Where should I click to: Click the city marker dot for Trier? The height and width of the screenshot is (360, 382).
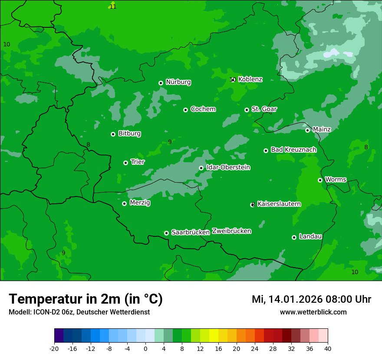click(x=125, y=163)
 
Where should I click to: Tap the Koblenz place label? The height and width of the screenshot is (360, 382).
click(x=250, y=79)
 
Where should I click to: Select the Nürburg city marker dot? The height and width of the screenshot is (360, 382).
click(x=161, y=83)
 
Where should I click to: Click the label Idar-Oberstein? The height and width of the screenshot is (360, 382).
click(x=228, y=167)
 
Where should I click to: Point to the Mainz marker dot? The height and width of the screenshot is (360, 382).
click(x=307, y=130)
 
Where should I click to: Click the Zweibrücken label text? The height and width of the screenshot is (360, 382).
click(x=231, y=231)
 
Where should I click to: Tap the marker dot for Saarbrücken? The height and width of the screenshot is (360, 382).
click(x=166, y=233)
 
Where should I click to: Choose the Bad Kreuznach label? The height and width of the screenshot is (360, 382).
click(x=293, y=150)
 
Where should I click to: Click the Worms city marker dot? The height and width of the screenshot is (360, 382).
click(x=320, y=180)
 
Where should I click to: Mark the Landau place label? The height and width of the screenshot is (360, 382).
click(x=310, y=236)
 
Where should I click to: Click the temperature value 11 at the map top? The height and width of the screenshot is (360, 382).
click(x=113, y=7)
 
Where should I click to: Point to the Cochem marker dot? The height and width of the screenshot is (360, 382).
click(x=185, y=110)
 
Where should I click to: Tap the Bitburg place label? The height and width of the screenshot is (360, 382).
click(x=129, y=134)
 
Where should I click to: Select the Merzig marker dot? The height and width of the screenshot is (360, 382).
click(x=124, y=203)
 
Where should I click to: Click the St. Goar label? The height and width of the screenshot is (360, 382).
click(x=264, y=109)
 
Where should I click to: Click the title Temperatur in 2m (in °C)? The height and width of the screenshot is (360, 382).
click(x=86, y=299)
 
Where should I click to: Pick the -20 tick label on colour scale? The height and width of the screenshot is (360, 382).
click(x=54, y=349)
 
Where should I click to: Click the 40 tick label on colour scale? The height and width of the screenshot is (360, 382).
click(x=328, y=349)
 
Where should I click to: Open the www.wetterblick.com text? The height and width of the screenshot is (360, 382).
click(x=313, y=312)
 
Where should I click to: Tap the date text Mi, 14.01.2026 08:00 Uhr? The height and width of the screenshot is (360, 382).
click(x=311, y=299)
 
